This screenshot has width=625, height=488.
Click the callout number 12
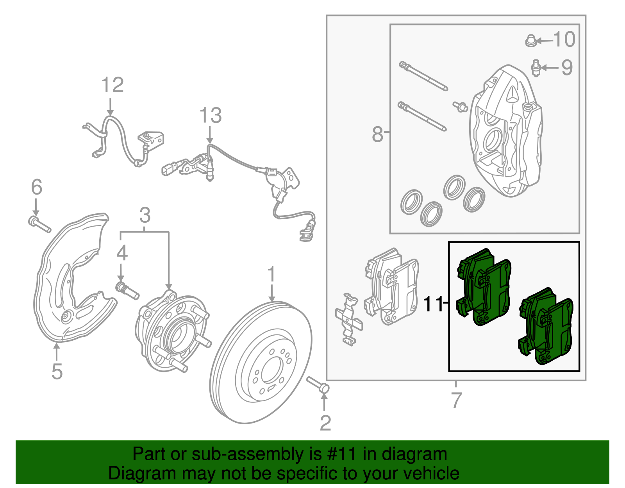point(112,85)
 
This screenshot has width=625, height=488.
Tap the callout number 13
point(211,116)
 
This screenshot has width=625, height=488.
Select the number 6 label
point(36,187)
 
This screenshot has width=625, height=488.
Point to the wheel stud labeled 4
point(127,291)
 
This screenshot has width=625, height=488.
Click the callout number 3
point(145,215)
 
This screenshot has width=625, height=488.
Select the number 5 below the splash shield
point(57,371)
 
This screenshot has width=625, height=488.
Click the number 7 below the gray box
point(456,400)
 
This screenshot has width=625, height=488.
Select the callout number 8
point(377,134)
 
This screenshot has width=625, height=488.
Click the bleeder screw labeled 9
point(536,68)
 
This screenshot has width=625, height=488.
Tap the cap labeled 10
point(530,40)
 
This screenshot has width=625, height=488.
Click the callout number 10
point(564,39)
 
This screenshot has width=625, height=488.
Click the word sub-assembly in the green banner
point(246,454)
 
